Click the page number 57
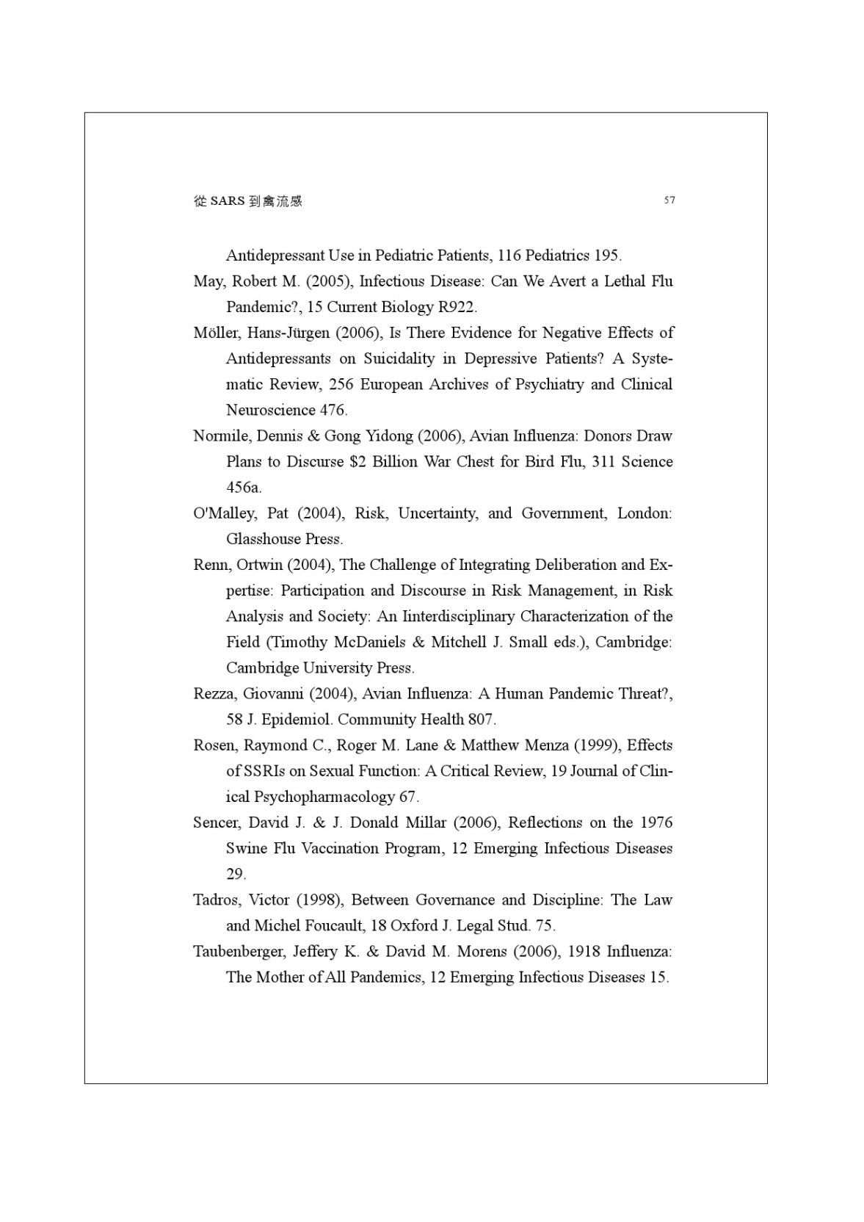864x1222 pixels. pyautogui.click(x=669, y=200)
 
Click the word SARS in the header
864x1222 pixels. pyautogui.click(x=227, y=200)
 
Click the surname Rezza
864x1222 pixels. pyautogui.click(x=214, y=694)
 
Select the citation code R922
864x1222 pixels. pyautogui.click(x=457, y=307)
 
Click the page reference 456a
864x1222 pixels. pyautogui.click(x=243, y=488)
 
